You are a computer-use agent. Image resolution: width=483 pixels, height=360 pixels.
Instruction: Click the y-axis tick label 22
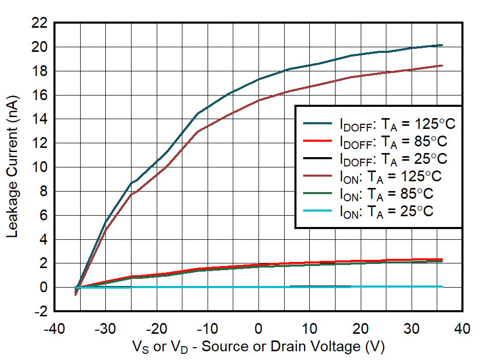click(40, 23)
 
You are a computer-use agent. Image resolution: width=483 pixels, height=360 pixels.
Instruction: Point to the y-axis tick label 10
click(40, 167)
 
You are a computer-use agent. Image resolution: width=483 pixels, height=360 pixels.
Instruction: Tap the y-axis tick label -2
click(40, 312)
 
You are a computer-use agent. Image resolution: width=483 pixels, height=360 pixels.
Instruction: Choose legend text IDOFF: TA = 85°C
click(393, 141)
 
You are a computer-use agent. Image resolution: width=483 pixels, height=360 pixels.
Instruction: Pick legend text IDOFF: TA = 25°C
click(393, 158)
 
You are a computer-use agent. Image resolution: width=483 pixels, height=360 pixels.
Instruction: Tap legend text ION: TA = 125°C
click(391, 176)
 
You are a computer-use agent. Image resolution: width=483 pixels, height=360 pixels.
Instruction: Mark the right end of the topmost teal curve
click(442, 45)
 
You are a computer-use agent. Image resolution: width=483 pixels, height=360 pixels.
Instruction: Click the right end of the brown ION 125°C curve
click(442, 65)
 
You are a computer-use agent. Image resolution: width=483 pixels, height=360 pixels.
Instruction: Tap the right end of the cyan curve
click(442, 287)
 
